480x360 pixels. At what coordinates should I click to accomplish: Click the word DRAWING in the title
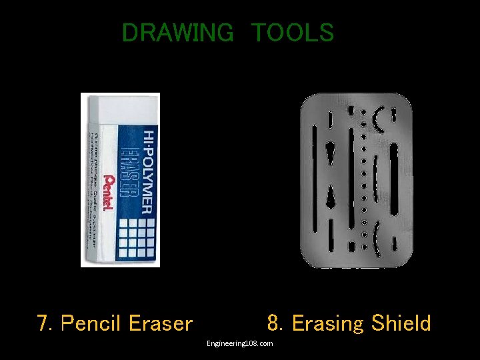177,33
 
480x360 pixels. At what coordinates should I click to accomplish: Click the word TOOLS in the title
292,33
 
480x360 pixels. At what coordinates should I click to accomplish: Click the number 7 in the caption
44,324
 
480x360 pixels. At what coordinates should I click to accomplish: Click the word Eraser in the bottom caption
161,324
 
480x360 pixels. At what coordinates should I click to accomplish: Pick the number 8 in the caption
274,324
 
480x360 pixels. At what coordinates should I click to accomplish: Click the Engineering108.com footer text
239,343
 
